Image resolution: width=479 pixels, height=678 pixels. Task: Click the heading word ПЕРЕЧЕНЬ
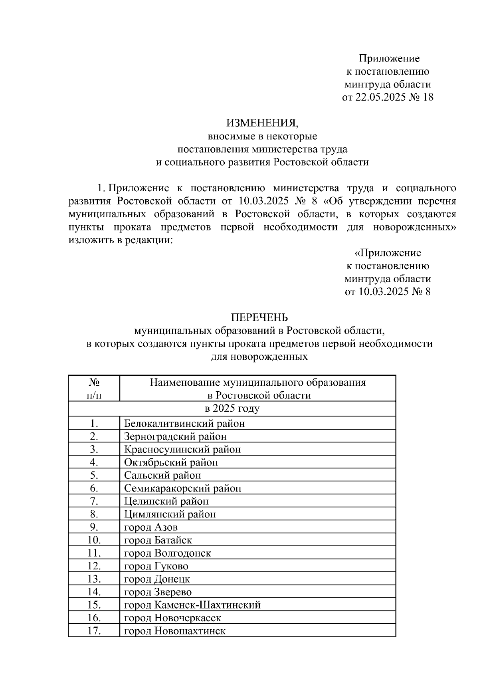point(259,317)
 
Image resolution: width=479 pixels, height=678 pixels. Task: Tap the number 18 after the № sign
point(427,97)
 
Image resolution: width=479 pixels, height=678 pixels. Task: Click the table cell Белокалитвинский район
point(184,423)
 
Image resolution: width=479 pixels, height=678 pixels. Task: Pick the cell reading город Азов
point(151,527)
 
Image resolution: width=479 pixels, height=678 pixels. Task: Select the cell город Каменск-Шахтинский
point(192,605)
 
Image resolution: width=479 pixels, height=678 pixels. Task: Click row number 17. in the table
point(94,631)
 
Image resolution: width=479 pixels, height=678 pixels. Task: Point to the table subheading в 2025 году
point(232,408)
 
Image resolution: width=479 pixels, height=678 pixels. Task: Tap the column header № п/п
point(94,389)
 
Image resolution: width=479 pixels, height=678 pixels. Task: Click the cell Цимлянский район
point(170,514)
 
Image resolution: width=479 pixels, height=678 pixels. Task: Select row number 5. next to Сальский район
point(94,475)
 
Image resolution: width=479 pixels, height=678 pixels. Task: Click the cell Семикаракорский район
point(183,488)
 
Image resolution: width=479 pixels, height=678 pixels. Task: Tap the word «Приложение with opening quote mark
point(388,253)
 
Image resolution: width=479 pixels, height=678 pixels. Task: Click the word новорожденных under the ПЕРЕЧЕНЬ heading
point(259,357)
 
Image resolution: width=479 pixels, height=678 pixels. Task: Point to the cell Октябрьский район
point(171,462)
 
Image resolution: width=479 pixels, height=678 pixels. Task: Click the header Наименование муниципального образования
point(258,383)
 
